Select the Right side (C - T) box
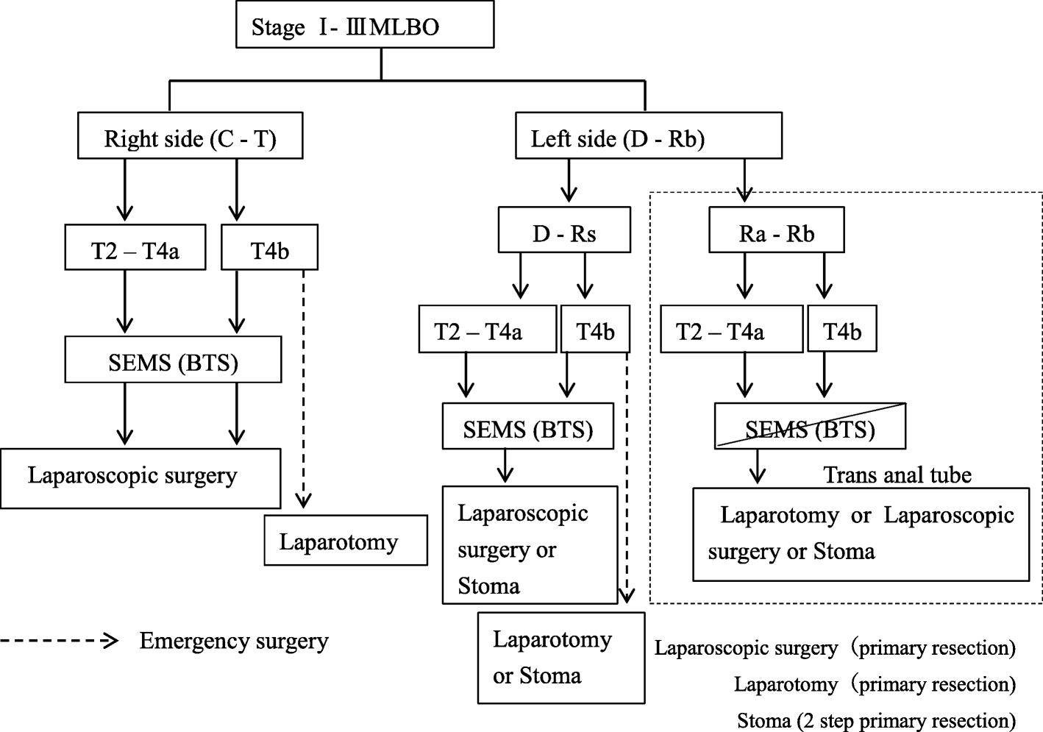pyautogui.click(x=190, y=136)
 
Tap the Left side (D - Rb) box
pyautogui.click(x=648, y=136)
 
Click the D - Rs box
pyautogui.click(x=564, y=231)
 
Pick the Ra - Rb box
pyautogui.click(x=776, y=231)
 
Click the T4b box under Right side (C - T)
pyautogui.click(x=269, y=249)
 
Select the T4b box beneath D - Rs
pyautogui.click(x=595, y=330)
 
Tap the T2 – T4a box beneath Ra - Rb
pyautogui.click(x=731, y=330)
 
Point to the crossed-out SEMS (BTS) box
pyautogui.click(x=810, y=427)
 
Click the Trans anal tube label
pyautogui.click(x=897, y=475)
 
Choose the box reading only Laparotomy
pyautogui.click(x=346, y=541)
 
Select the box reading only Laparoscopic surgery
pyautogui.click(x=140, y=477)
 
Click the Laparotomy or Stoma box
pyautogui.click(x=560, y=658)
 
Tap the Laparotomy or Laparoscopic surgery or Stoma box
pyautogui.click(x=861, y=533)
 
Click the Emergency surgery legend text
pyautogui.click(x=234, y=641)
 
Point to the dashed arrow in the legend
pyautogui.click(x=59, y=641)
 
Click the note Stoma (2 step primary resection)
pyautogui.click(x=876, y=720)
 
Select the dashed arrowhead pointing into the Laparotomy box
pyautogui.click(x=303, y=501)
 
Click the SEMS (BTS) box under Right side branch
pyautogui.click(x=173, y=360)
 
